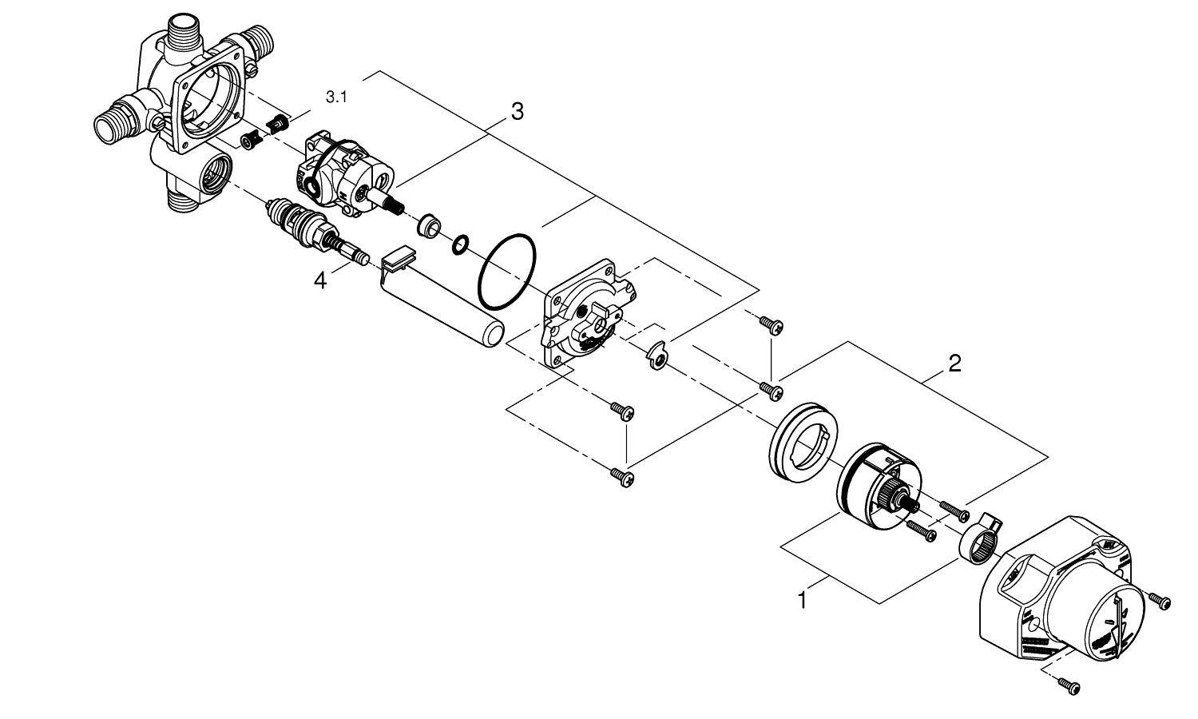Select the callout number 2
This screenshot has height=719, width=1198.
pyautogui.click(x=954, y=363)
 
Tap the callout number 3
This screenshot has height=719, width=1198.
pyautogui.click(x=517, y=112)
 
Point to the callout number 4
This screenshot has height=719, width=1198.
pyautogui.click(x=320, y=281)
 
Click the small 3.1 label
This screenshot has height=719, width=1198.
pyautogui.click(x=337, y=97)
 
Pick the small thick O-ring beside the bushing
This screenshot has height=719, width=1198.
pyautogui.click(x=460, y=244)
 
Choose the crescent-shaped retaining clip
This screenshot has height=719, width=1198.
pyautogui.click(x=659, y=356)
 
